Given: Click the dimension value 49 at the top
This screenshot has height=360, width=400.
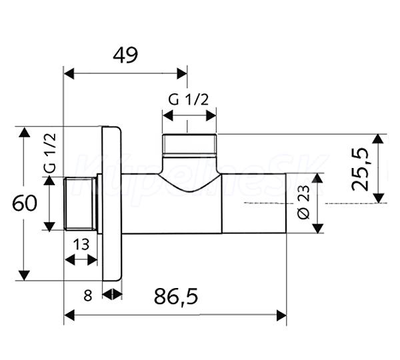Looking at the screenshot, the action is tap(125, 55).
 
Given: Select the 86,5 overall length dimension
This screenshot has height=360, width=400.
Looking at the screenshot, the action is tap(176, 296).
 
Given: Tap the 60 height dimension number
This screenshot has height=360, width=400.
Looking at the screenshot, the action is tap(25, 203).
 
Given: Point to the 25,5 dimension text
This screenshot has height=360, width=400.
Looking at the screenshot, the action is tap(360, 169).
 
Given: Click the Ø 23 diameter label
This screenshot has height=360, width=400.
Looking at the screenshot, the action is tap(303, 202).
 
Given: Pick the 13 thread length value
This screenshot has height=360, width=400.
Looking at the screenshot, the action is tap(81, 245).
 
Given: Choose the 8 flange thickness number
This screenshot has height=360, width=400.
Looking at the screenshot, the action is tap(87, 296).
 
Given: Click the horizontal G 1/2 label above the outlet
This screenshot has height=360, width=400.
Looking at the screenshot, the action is tap(188, 99).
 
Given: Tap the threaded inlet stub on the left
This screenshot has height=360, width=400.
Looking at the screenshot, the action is tap(80, 204).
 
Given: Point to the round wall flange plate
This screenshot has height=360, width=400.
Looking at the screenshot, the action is tap(112, 203).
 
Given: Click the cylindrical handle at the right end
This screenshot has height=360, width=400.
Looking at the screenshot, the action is tap(254, 203).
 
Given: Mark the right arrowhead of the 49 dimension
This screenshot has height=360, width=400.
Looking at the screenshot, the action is tap(182, 74).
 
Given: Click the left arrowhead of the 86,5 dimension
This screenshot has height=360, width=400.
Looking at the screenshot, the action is tap(69, 315).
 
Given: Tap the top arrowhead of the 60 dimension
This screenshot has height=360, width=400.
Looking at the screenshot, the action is tap(25, 132).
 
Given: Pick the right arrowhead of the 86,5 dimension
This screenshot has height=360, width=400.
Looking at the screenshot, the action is tap(281, 315).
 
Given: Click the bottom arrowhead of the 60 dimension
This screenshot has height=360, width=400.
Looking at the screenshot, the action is tap(25, 275).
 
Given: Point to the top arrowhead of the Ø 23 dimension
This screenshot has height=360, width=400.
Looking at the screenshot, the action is tap(317, 179).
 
